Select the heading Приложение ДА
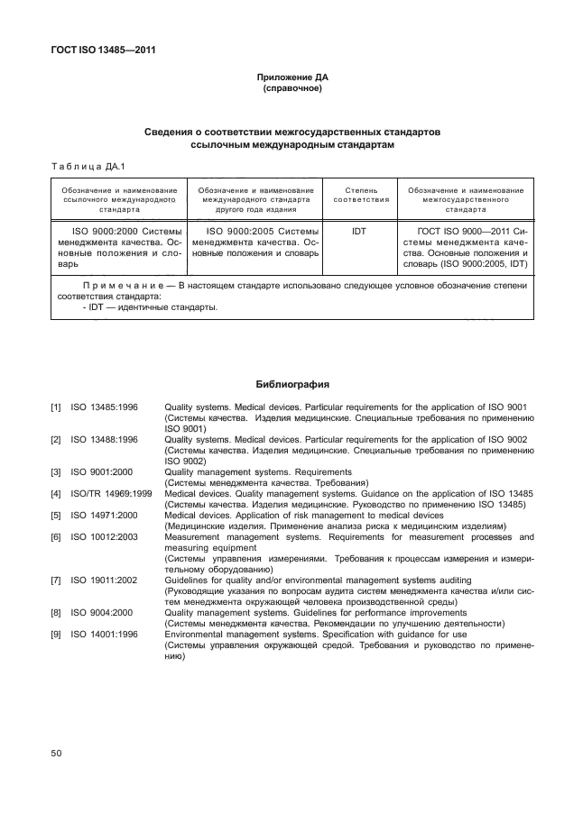(x=291, y=79)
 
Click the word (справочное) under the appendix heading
(x=291, y=90)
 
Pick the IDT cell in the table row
(x=359, y=232)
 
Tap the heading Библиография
(x=291, y=384)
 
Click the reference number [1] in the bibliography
(x=56, y=408)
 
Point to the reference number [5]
(x=56, y=516)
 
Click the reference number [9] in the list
(x=56, y=635)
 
